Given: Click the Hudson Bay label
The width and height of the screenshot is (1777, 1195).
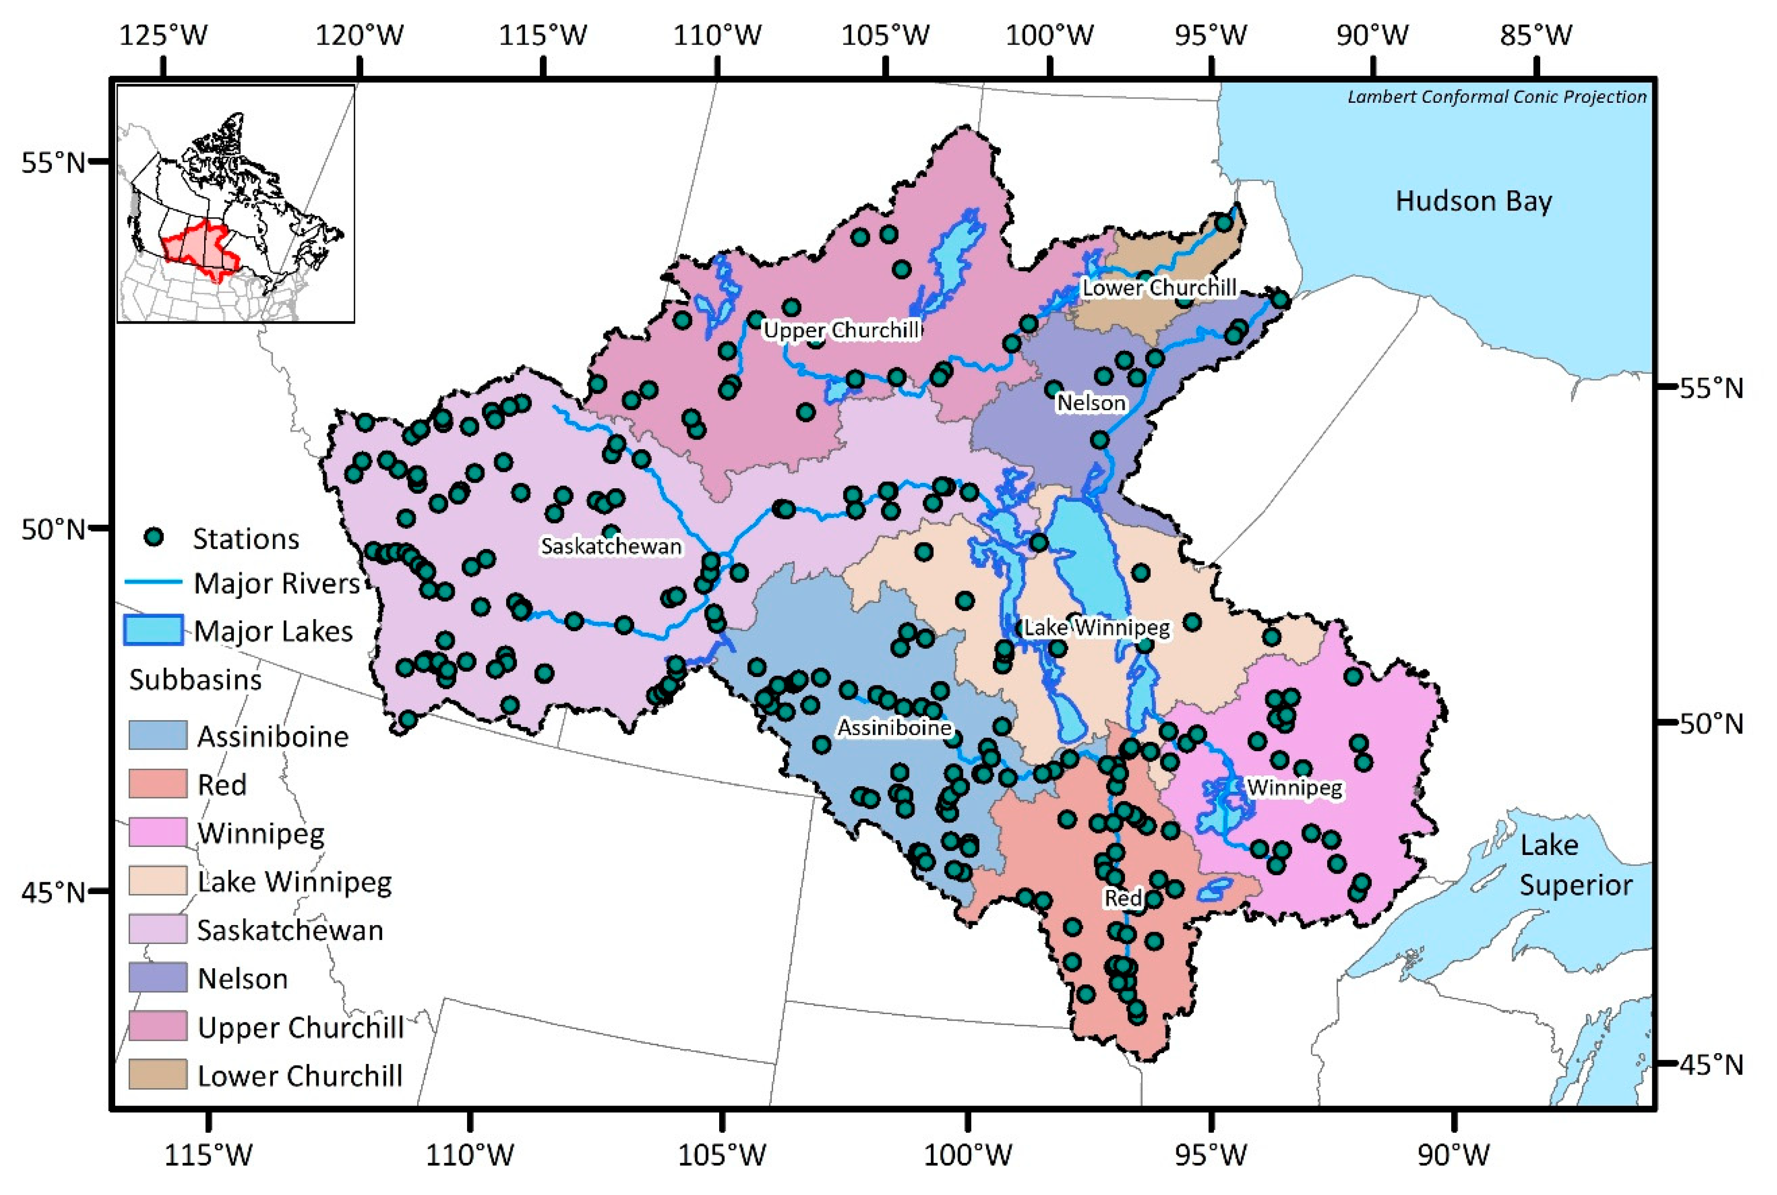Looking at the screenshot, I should [1473, 201].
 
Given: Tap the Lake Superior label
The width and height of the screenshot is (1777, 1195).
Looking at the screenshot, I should [1575, 865].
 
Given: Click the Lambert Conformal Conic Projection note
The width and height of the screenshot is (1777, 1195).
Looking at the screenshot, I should [1496, 97].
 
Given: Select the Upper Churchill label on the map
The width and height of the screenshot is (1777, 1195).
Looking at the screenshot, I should [842, 330].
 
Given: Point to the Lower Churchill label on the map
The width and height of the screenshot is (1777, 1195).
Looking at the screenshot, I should [1159, 288].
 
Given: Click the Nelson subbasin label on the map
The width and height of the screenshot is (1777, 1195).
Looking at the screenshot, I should [1090, 402].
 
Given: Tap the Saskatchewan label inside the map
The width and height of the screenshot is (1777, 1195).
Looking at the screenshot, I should [610, 546].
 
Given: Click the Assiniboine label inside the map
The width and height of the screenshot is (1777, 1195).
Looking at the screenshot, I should [894, 728].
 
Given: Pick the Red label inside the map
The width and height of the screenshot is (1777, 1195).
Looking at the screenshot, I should [1123, 898].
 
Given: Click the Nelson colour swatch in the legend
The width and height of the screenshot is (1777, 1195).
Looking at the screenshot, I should [158, 978].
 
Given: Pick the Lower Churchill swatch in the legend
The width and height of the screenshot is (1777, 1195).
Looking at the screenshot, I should [158, 1074].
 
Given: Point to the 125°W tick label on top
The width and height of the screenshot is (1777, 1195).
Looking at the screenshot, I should [163, 35].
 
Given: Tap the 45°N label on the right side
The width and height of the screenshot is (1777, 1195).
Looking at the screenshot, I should [1711, 1064].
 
